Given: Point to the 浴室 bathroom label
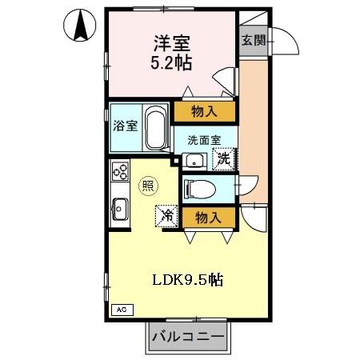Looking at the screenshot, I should click(126, 125).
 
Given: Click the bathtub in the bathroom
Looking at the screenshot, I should click(156, 128).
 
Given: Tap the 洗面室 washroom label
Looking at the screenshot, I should click(205, 138).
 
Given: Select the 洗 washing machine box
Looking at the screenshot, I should click(224, 159).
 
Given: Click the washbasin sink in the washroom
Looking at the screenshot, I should click(194, 161).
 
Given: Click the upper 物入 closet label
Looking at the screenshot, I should click(206, 110).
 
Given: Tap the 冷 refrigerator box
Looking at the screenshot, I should click(166, 215).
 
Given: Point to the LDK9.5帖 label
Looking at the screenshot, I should click(189, 281).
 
